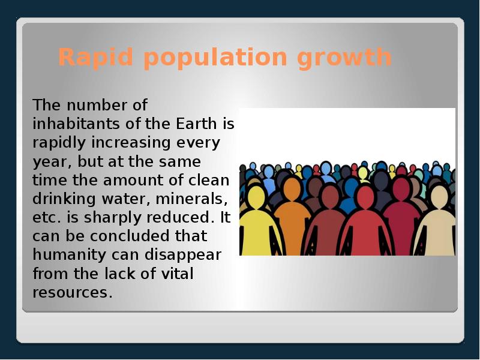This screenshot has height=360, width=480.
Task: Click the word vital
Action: click(178, 274)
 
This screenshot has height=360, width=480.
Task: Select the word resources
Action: click(72, 293)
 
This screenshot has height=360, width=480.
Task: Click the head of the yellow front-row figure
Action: click(257, 196)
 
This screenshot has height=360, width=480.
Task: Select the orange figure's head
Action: click(292, 190)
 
